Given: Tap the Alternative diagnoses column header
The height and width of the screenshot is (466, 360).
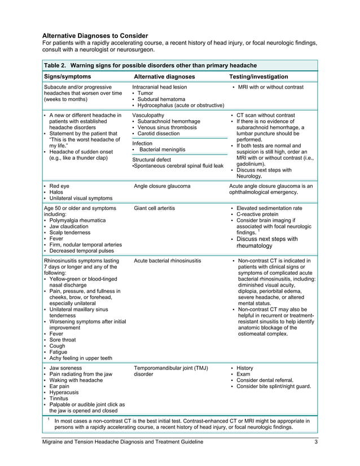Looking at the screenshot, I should (x=164, y=77).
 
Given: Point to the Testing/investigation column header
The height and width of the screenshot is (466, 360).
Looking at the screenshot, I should (x=258, y=77).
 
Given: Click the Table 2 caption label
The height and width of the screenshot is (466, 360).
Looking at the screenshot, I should (x=150, y=65).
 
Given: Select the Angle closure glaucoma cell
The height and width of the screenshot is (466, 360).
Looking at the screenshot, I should (x=162, y=186).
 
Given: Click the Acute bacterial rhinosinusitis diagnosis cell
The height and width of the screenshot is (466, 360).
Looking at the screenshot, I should (x=168, y=261).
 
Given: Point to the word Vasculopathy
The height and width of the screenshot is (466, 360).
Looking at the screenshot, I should (x=148, y=115).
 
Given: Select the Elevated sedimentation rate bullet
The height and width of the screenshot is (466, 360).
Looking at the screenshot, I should (x=269, y=208).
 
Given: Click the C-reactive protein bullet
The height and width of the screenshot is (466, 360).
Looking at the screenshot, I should (x=258, y=215).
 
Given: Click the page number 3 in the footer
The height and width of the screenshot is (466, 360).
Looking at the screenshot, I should (x=316, y=442).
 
